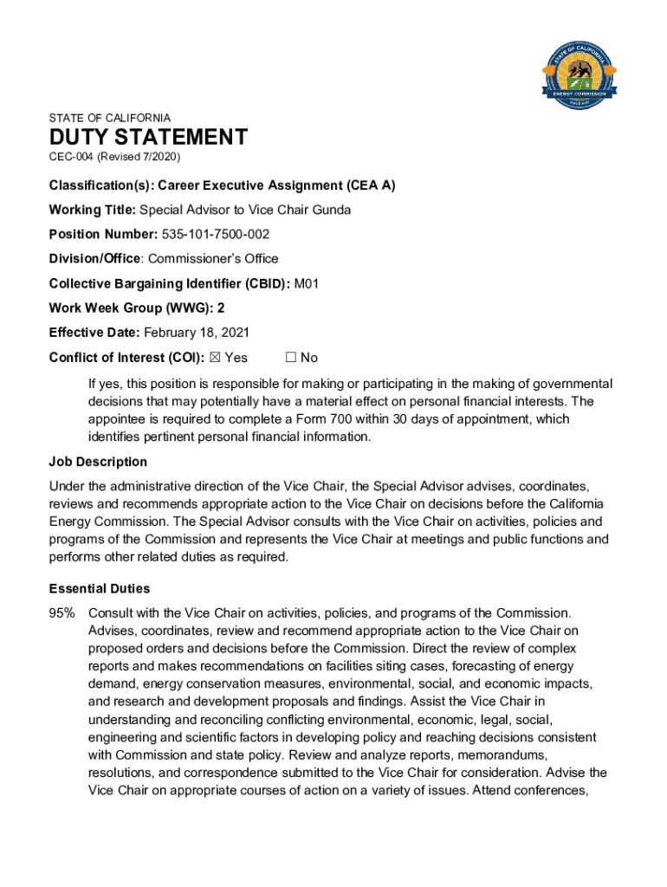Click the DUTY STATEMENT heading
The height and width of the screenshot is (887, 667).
click(148, 137)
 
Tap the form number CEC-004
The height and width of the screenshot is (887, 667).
click(71, 157)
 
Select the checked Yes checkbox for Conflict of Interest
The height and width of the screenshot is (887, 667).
click(215, 358)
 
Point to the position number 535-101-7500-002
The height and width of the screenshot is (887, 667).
click(216, 234)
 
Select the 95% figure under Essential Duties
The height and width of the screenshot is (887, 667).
click(62, 613)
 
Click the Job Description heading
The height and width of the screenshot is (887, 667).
click(98, 462)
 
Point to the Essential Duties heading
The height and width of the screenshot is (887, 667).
click(100, 589)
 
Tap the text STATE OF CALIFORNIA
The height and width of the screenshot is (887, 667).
click(110, 118)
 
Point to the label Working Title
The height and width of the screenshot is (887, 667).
click(93, 209)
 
